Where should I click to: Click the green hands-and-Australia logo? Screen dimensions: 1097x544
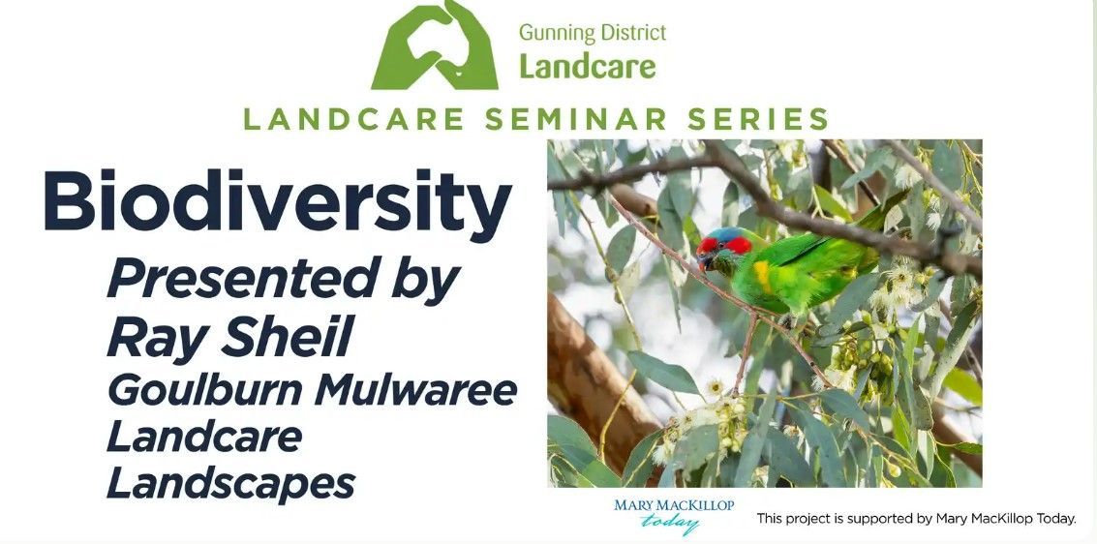(435, 45)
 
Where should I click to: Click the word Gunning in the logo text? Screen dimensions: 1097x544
(553, 34)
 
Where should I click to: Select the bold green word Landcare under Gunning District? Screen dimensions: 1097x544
(588, 67)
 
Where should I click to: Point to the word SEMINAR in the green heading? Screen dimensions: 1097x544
(575, 119)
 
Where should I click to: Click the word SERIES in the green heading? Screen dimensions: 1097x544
(758, 119)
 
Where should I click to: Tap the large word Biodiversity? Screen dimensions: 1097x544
(278, 200)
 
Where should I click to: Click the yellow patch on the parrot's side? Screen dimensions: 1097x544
(763, 277)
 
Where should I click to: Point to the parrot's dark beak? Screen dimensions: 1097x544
(704, 260)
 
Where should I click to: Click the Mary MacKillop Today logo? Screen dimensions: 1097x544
(674, 515)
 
